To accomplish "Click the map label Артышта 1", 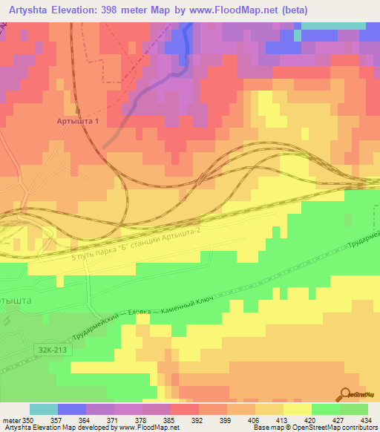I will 78,120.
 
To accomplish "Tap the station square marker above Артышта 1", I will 78,110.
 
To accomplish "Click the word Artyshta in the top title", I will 33,10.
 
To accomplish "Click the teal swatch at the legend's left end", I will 44,410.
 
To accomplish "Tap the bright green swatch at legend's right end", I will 354,410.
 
